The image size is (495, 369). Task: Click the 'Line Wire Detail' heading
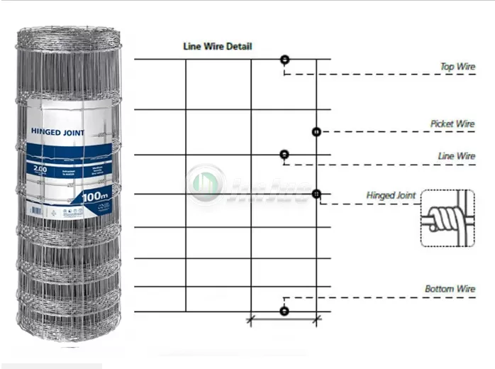tap(217, 47)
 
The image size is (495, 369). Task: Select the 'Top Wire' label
tap(457, 67)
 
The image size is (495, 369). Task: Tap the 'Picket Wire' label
tap(452, 123)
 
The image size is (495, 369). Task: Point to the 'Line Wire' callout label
tap(456, 156)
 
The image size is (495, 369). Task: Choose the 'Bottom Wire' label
tap(450, 289)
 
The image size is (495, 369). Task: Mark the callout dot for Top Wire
tap(284, 60)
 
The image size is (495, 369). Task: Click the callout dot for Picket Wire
tap(316, 132)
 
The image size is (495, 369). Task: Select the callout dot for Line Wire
tap(284, 154)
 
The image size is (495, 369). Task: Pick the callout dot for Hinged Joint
tap(316, 194)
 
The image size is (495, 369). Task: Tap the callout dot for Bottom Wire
tap(284, 311)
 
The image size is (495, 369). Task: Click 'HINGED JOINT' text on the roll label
tap(58, 133)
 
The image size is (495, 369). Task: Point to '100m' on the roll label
tap(94, 195)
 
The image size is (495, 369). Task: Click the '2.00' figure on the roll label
tap(39, 170)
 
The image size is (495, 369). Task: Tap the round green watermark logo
tap(205, 186)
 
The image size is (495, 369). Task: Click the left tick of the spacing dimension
tap(250, 320)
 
